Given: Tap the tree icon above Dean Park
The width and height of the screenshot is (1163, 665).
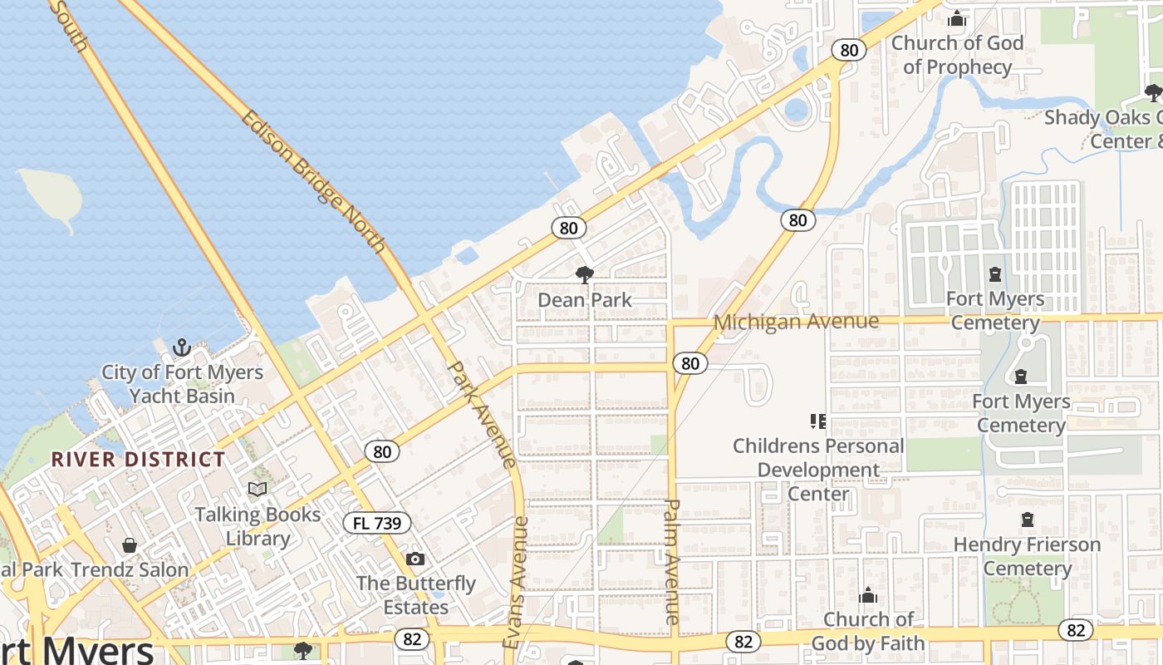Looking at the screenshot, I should (x=585, y=274).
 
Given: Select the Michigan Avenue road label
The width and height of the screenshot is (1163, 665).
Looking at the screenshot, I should (x=796, y=322).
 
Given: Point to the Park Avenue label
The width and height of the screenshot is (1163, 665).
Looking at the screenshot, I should (x=482, y=413).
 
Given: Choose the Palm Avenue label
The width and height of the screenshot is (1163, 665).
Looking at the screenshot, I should (x=673, y=561).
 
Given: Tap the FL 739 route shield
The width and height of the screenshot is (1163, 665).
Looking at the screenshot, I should (x=377, y=523).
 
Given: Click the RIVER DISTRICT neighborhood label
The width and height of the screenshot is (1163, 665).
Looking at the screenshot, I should (x=138, y=460).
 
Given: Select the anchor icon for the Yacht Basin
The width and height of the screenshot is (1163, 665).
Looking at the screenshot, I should (x=182, y=347).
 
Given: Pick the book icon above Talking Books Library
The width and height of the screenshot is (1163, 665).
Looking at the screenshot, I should (x=258, y=489).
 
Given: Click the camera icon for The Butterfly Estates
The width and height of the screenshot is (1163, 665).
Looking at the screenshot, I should (x=415, y=559).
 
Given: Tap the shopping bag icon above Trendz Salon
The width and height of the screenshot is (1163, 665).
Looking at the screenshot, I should (x=130, y=545).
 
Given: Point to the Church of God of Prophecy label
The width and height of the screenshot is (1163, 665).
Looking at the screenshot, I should (x=957, y=55).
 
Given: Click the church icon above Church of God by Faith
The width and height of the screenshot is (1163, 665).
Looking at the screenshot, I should (x=868, y=595).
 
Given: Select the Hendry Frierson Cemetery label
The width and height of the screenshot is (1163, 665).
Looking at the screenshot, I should (x=1027, y=556).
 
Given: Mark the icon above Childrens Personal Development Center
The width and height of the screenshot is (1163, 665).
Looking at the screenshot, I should (x=818, y=421).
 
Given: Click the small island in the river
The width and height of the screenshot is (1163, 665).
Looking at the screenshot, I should (x=52, y=195).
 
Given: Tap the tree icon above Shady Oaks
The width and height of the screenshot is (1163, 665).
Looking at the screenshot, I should (x=1153, y=92).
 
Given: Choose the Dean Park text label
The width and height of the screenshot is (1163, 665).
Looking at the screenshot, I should (x=585, y=300).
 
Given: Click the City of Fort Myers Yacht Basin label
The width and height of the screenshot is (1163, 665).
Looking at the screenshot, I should (x=182, y=383).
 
